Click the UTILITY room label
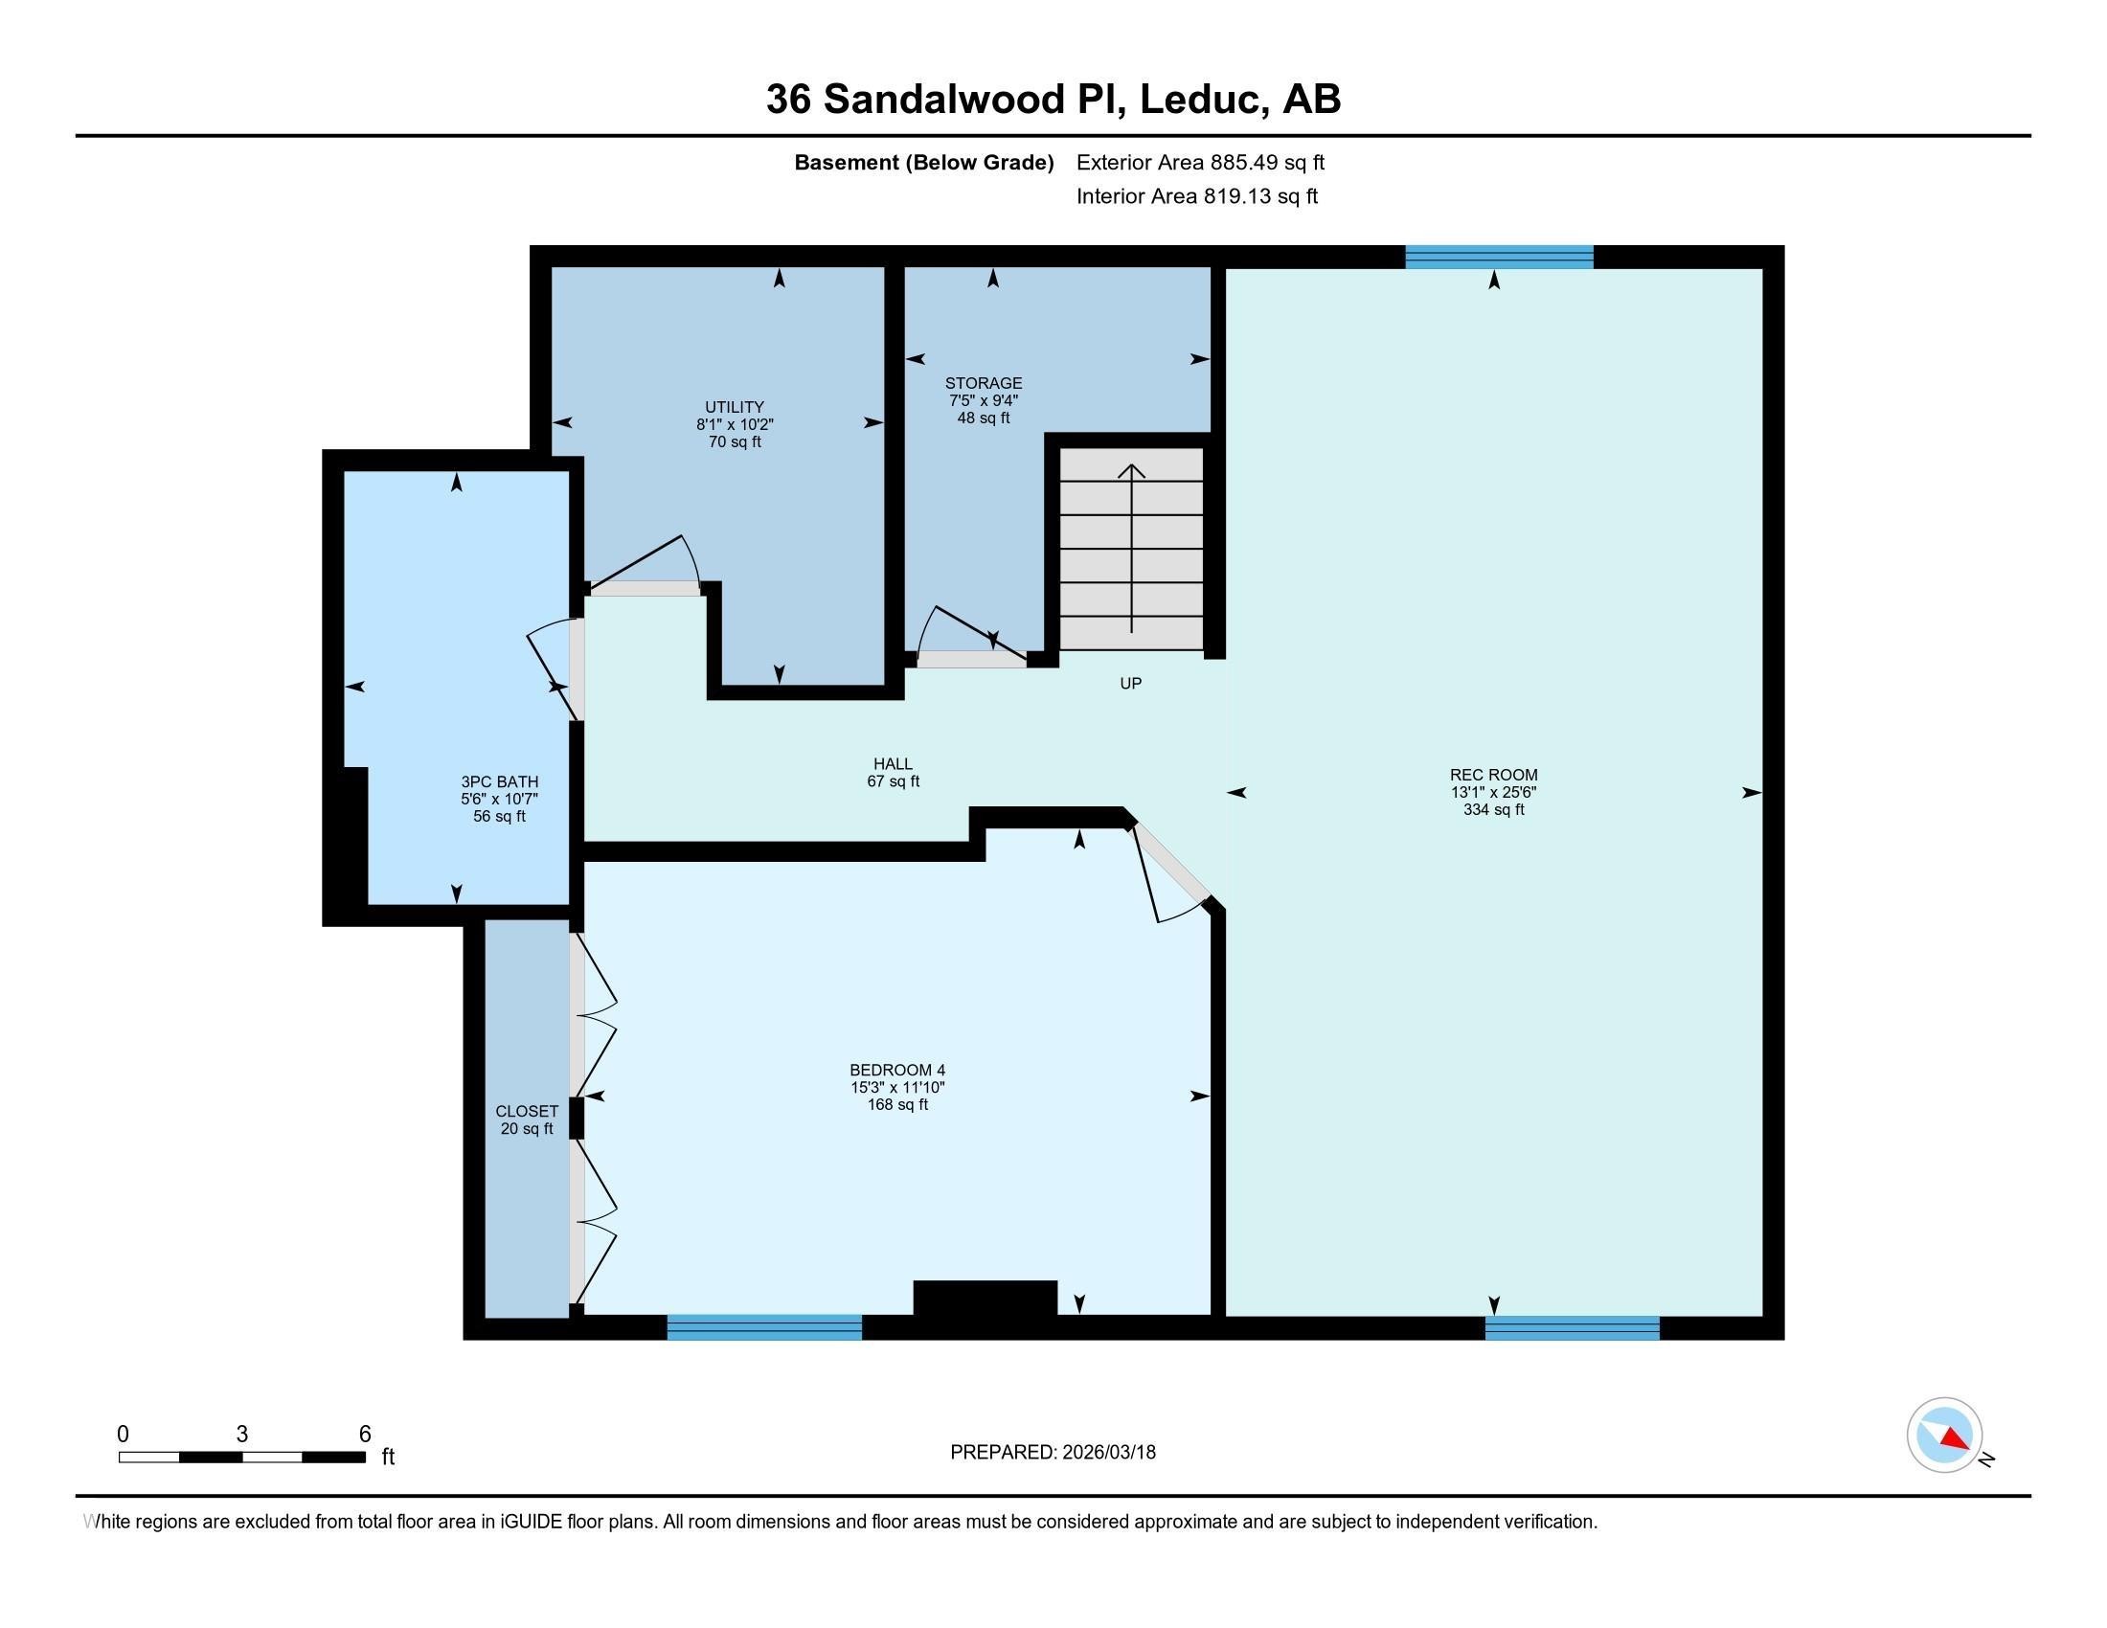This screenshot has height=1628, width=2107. pyautogui.click(x=735, y=407)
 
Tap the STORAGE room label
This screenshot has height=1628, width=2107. pyautogui.click(x=983, y=383)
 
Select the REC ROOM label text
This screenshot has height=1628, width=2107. pyautogui.click(x=1493, y=775)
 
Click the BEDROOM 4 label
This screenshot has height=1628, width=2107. pyautogui.click(x=897, y=1070)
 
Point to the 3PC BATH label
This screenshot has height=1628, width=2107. pyautogui.click(x=499, y=782)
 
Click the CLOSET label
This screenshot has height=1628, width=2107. pyautogui.click(x=527, y=1111)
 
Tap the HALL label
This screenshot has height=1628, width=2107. pyautogui.click(x=894, y=764)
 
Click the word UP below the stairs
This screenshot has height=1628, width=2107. pyautogui.click(x=1131, y=684)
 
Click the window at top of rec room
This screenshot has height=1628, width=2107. pyautogui.click(x=1498, y=257)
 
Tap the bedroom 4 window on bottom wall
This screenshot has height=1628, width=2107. pyautogui.click(x=764, y=1327)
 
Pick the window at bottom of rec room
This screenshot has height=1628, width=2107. pyautogui.click(x=1572, y=1328)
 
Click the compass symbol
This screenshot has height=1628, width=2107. pyautogui.click(x=1944, y=1436)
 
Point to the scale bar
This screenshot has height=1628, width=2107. pyautogui.click(x=241, y=1457)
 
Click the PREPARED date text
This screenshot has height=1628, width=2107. pyautogui.click(x=1053, y=1453)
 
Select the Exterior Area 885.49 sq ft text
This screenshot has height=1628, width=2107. pyautogui.click(x=1200, y=163)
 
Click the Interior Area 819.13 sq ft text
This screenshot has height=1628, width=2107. pyautogui.click(x=1196, y=196)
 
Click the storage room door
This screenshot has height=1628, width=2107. pyautogui.click(x=970, y=660)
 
